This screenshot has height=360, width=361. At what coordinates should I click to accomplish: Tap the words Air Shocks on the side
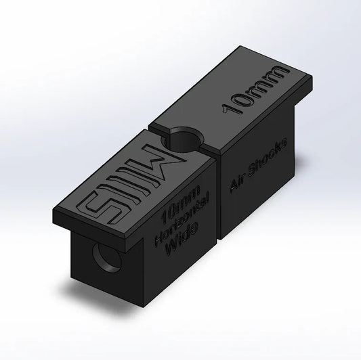[259, 167]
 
